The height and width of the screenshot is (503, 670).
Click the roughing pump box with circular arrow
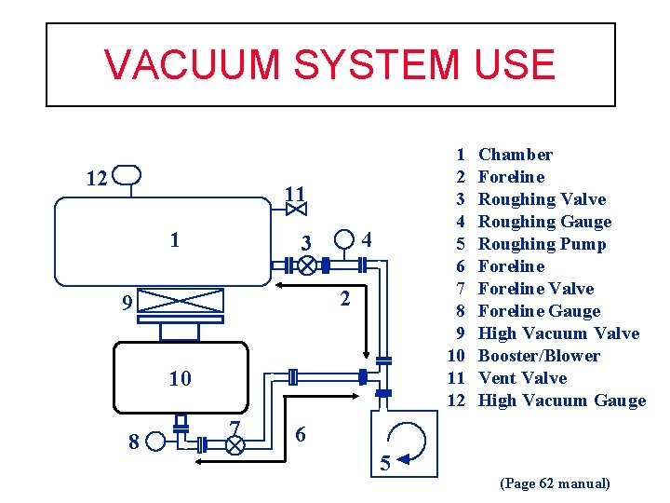[399, 437]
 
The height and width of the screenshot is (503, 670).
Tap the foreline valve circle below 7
[234, 445]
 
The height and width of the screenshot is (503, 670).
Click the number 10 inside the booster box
[180, 378]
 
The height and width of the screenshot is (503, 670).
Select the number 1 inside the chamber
[175, 239]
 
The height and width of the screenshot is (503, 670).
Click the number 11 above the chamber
[295, 194]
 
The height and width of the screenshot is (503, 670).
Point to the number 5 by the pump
[384, 463]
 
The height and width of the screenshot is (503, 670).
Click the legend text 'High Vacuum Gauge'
[561, 401]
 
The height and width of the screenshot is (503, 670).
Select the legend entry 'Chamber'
[515, 155]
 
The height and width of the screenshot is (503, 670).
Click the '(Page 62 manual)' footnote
[556, 483]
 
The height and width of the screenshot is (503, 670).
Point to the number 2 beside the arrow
[344, 299]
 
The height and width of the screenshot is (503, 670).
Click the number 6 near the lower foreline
[299, 435]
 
